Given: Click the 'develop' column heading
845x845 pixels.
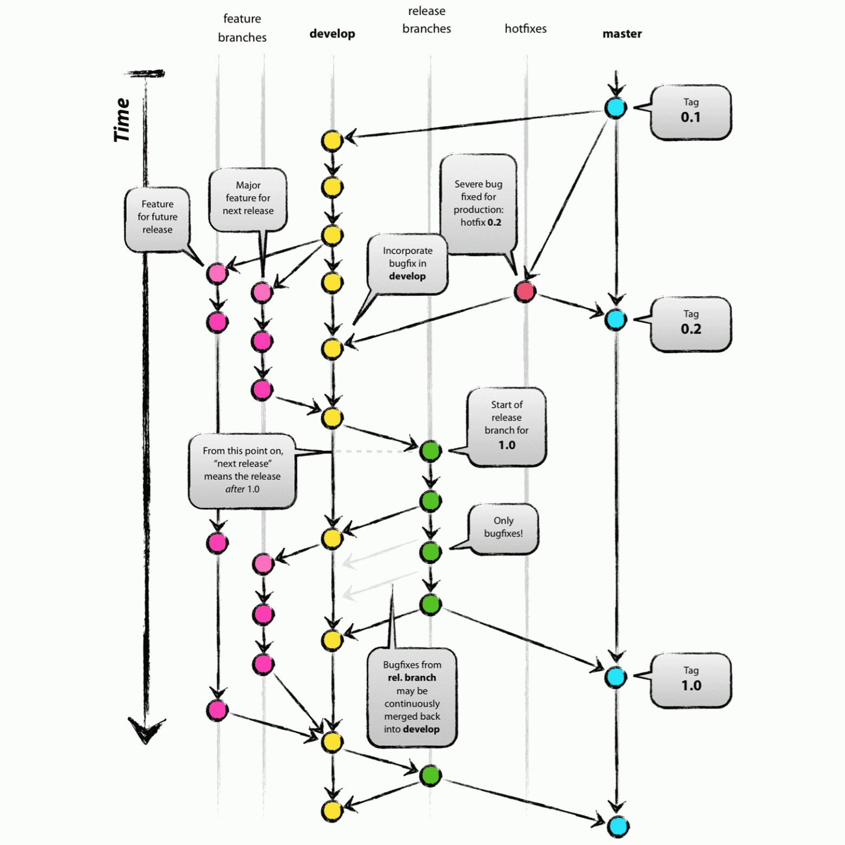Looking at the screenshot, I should [x=332, y=34].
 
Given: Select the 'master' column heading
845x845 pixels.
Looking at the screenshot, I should [x=622, y=34].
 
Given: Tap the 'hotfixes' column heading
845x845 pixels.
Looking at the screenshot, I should [x=525, y=29].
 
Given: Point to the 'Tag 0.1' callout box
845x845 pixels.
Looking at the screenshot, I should [x=691, y=112].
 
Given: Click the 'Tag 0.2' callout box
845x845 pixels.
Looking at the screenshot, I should [x=691, y=323].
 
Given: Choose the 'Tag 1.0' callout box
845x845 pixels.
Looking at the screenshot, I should [x=691, y=680].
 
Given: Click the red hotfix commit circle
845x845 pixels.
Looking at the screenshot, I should [x=525, y=291].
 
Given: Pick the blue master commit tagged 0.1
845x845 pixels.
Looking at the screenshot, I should [x=616, y=108].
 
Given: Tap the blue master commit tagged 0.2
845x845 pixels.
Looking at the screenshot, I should [x=616, y=320].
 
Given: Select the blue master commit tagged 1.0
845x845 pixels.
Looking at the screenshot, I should [x=616, y=677].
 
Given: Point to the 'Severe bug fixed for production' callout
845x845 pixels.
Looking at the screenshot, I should [x=478, y=204].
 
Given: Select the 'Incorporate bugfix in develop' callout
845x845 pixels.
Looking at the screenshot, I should [x=407, y=264].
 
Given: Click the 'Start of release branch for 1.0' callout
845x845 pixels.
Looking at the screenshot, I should [x=506, y=426].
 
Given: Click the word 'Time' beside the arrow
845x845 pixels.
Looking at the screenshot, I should [x=122, y=120].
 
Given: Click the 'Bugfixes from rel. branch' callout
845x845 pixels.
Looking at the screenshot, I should [x=412, y=697].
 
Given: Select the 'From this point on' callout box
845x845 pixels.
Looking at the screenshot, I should [x=242, y=470].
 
